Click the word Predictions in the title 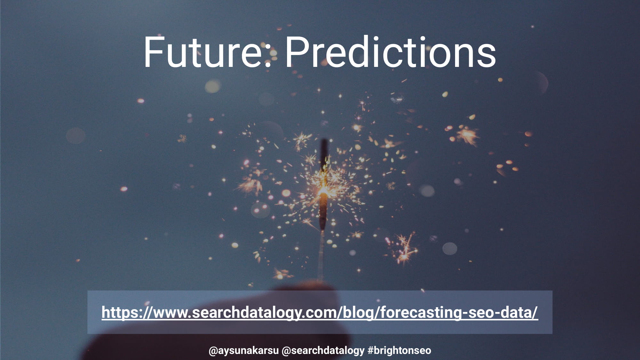(391, 52)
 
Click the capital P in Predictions (297, 52)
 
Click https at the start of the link (119, 313)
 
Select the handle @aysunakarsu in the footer (244, 351)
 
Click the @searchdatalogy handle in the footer (323, 351)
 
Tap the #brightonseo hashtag (399, 351)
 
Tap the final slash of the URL (535, 313)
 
